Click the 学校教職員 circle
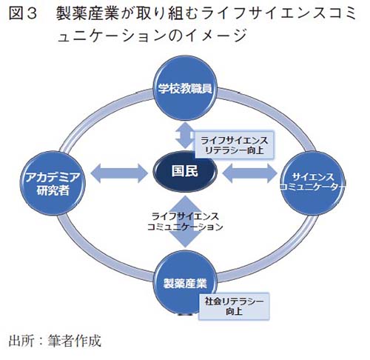click(185, 90)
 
